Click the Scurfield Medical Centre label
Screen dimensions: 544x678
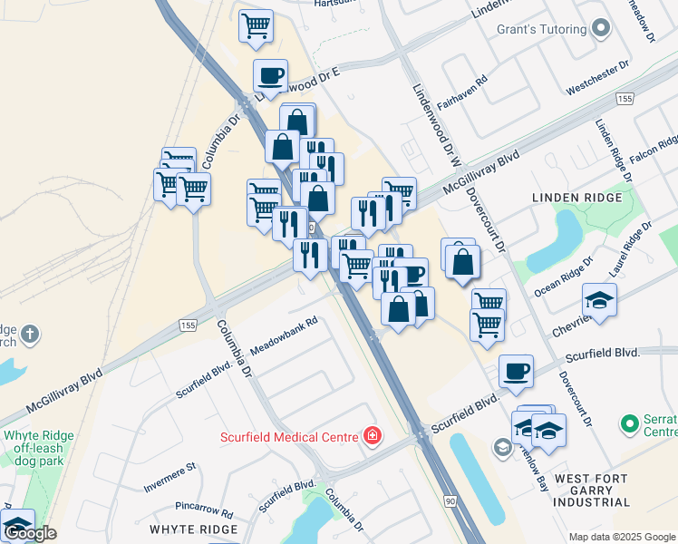[290, 437]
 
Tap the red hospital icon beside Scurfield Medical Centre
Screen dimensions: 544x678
[371, 437]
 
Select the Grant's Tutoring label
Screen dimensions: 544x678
[541, 29]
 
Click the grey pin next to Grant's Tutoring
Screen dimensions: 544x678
[601, 29]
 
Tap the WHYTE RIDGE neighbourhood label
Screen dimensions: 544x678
[193, 529]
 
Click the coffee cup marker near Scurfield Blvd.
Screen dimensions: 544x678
[516, 370]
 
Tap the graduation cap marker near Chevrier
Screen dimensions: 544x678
[599, 299]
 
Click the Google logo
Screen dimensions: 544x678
[31, 533]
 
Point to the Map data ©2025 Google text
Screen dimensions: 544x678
[623, 537]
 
